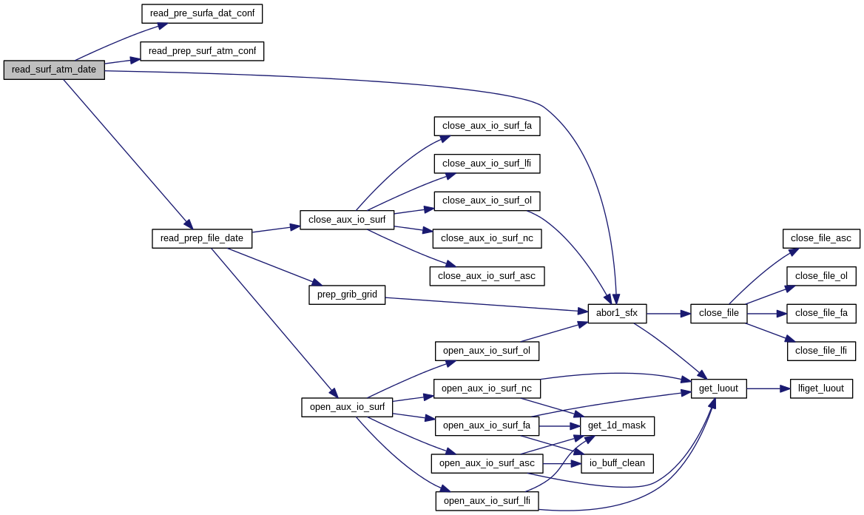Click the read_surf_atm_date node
tap(54, 70)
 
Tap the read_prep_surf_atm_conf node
tap(202, 51)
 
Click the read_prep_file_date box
tap(202, 238)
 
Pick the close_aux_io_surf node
tap(347, 220)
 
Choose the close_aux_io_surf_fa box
tap(487, 126)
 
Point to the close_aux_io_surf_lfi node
tap(487, 163)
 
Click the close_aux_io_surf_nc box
tap(487, 238)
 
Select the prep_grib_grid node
tap(347, 294)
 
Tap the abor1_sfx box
tap(617, 314)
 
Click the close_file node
tap(719, 314)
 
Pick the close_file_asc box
tap(821, 238)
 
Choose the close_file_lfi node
tap(821, 351)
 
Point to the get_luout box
tap(719, 388)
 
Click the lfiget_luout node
tap(821, 388)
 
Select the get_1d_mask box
tap(617, 425)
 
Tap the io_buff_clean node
tap(617, 464)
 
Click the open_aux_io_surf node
tap(347, 407)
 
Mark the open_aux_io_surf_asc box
tap(487, 464)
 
